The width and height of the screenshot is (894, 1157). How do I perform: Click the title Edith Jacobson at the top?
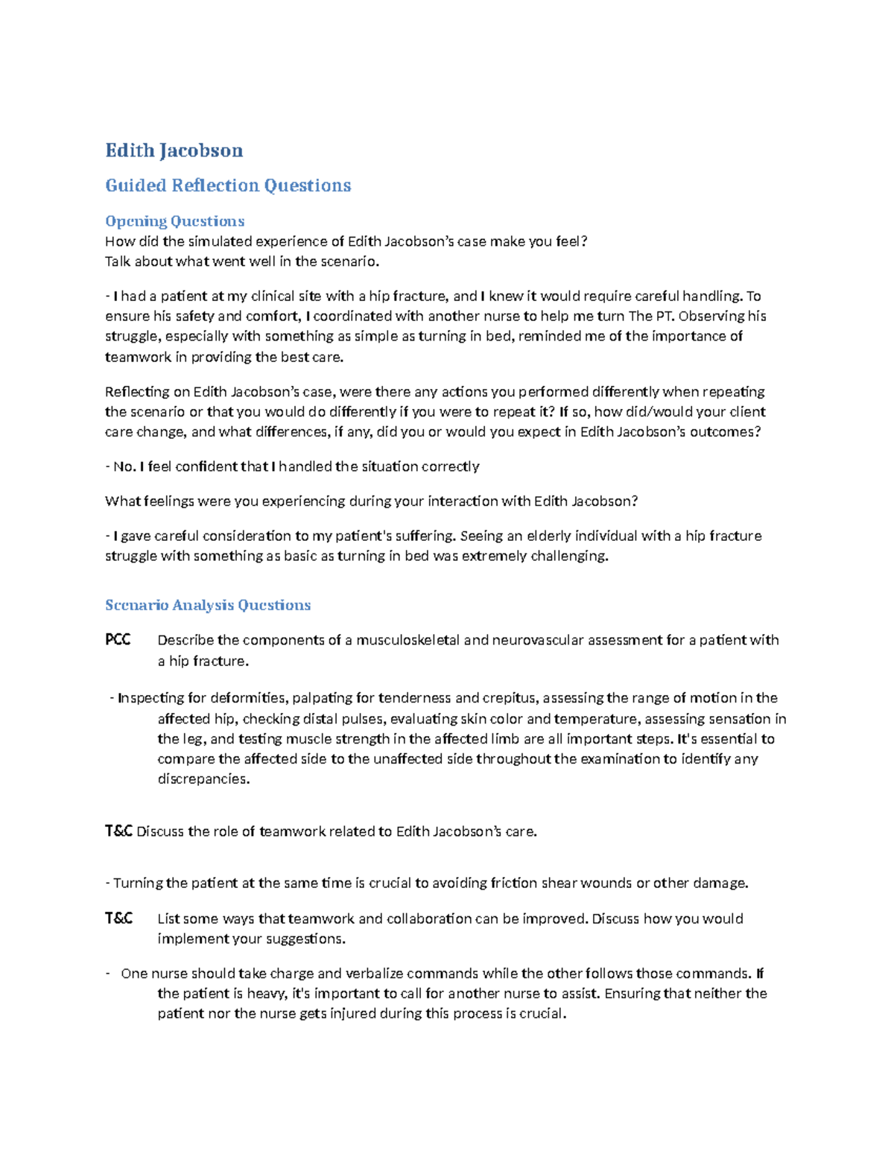tap(174, 150)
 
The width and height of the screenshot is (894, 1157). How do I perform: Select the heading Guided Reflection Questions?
tap(228, 186)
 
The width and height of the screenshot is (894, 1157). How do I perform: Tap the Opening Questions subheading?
tap(174, 221)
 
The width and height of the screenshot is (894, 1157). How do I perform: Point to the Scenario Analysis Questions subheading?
tap(208, 605)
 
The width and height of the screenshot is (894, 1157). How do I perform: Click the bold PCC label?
tap(118, 640)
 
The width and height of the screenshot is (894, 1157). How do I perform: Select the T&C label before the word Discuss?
tap(118, 831)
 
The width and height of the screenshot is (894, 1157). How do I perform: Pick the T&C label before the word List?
tap(118, 919)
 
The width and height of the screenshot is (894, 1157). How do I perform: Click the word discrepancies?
tap(203, 779)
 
